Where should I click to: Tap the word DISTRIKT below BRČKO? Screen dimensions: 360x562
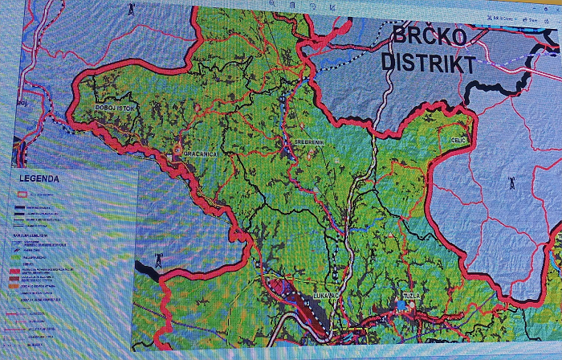(x=427, y=63)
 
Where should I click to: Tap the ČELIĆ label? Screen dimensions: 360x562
(x=457, y=140)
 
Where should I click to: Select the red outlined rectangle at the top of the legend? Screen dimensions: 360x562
(x=24, y=194)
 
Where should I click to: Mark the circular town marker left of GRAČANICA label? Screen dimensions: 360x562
(x=177, y=150)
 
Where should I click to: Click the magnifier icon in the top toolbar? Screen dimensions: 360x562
(x=272, y=4)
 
